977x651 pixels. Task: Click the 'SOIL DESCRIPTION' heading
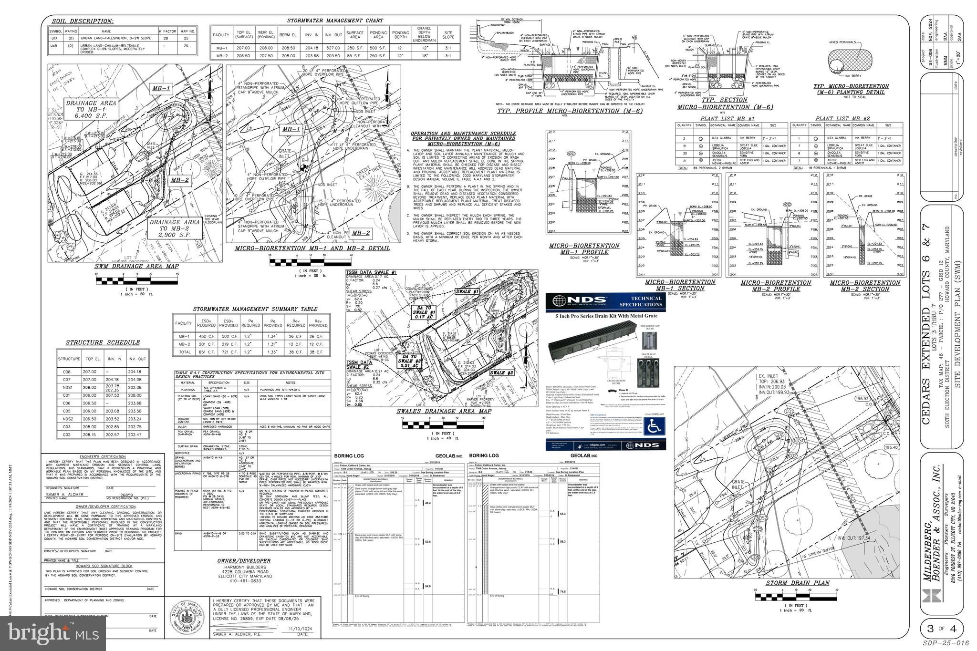(x=82, y=21)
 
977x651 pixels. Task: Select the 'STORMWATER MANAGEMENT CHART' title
(x=334, y=21)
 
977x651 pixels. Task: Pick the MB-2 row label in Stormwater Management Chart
(x=221, y=56)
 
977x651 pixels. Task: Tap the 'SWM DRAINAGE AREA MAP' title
(x=136, y=266)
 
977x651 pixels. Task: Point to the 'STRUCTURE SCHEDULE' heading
(x=103, y=342)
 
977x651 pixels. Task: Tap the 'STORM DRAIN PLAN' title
(x=797, y=583)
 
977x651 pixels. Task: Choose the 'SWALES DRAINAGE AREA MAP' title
(x=444, y=411)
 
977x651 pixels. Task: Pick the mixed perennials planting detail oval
(x=850, y=62)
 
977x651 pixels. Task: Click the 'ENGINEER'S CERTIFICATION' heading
(x=103, y=456)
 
